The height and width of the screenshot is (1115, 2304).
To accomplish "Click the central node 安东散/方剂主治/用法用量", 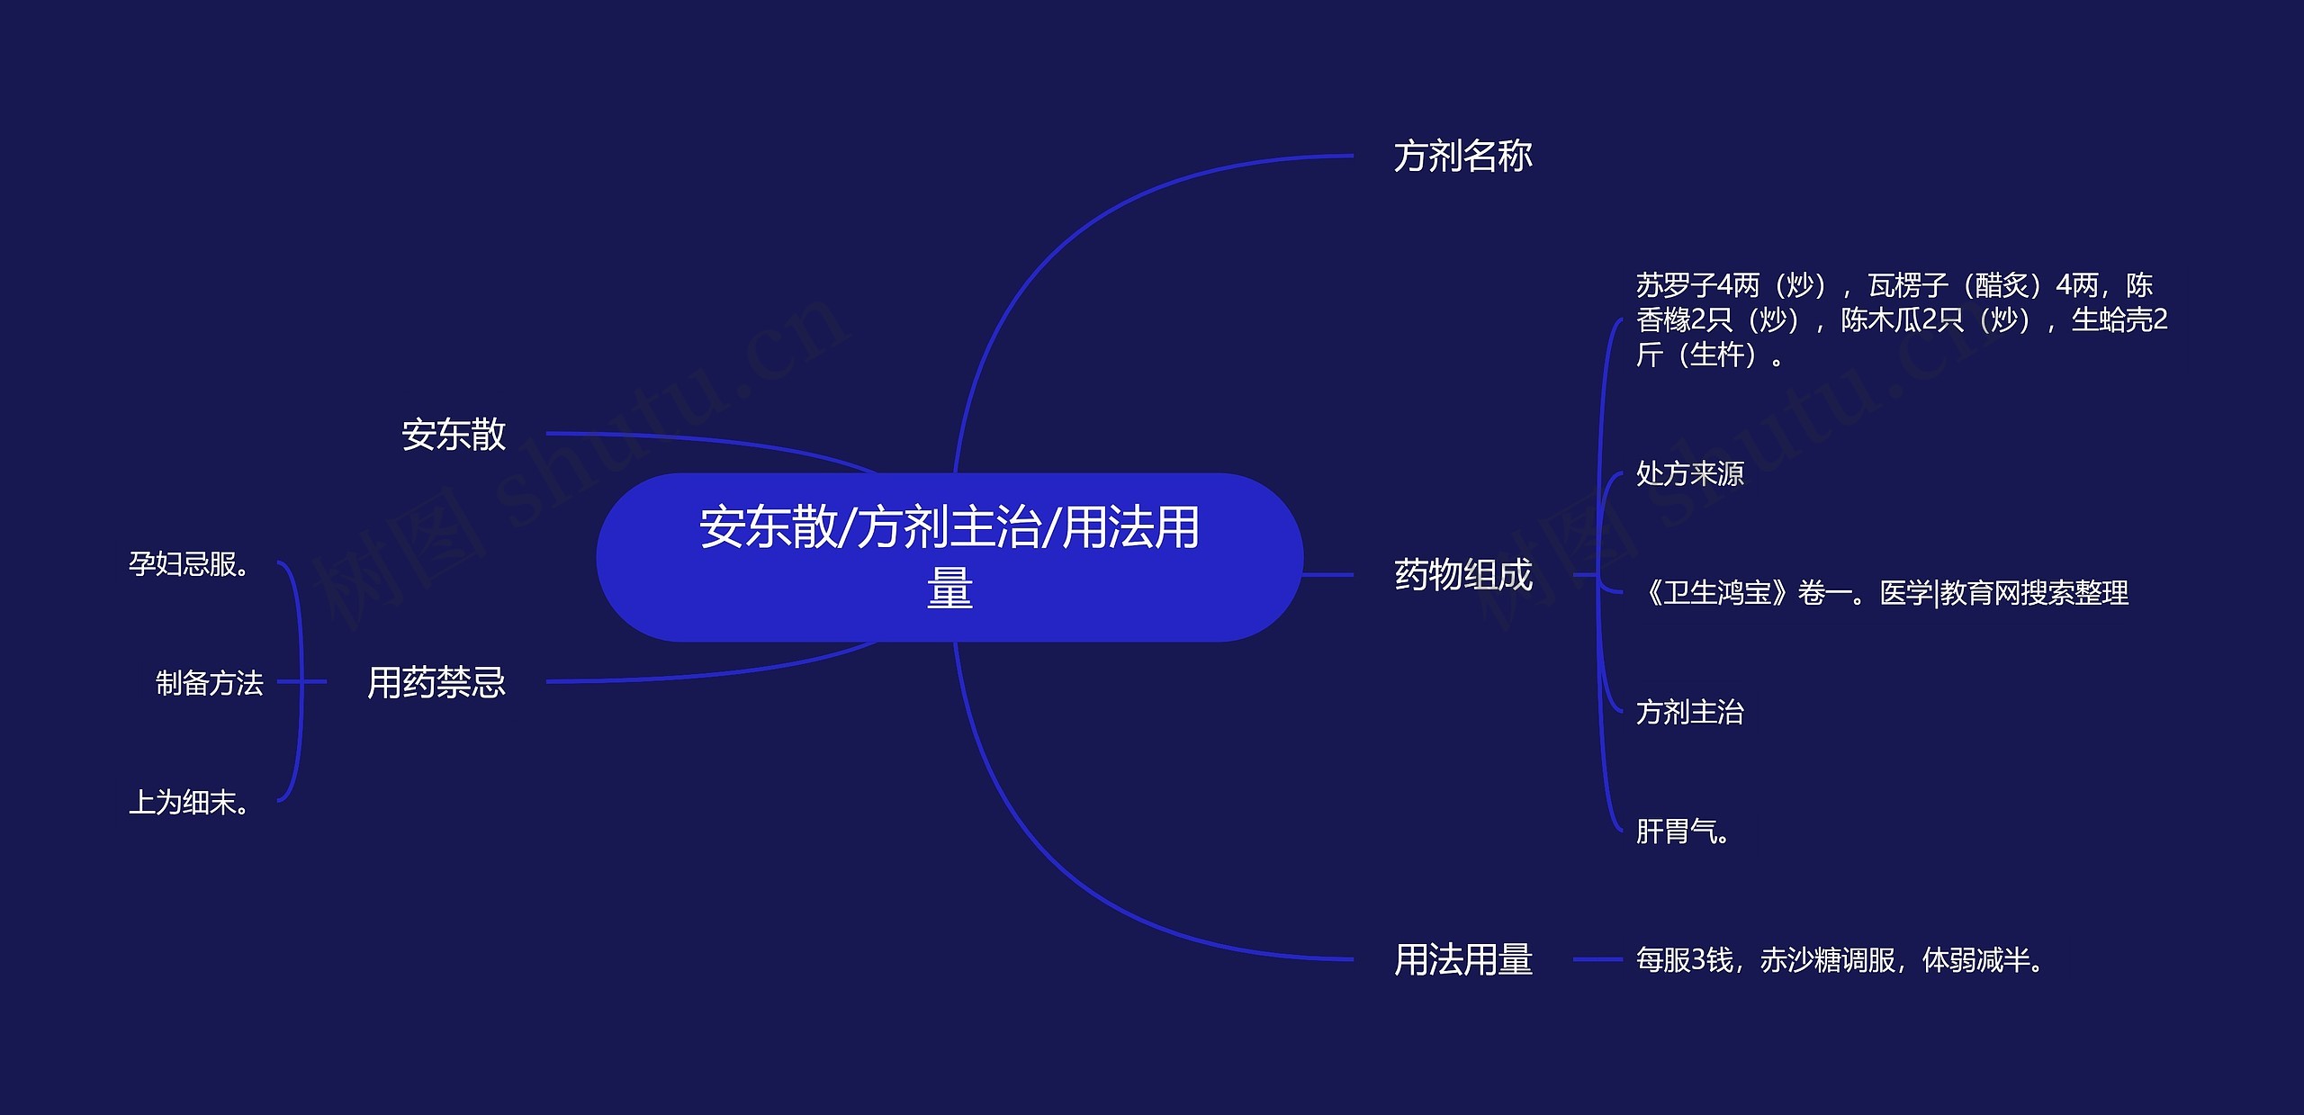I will pos(949,557).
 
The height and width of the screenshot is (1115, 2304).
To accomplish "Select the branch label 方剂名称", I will pos(1462,157).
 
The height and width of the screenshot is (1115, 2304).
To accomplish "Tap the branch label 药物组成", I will pos(1462,575).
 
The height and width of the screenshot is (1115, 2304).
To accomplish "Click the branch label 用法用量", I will pos(1462,959).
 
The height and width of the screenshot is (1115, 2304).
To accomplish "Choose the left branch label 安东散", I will pos(454,435).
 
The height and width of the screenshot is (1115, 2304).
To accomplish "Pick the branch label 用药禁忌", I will pos(436,682).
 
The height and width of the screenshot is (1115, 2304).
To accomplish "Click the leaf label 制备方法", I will pos(209,683).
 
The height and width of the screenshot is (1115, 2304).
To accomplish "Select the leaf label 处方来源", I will pos(1689,473).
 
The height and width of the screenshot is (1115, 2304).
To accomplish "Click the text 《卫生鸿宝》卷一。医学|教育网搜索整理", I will pos(1884,593).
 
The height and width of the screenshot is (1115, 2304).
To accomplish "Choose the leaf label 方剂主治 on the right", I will pos(1689,712).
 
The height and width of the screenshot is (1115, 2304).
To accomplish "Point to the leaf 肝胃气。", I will pos(1682,831).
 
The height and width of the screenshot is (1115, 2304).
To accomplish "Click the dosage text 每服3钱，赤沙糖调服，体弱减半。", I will pos(1839,960).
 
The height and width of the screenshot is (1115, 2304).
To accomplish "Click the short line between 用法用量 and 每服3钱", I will pos(1597,959).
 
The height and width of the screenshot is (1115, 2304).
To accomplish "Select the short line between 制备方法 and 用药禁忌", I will pos(301,682).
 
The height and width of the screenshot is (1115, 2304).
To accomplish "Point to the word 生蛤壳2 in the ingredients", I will pos(2119,320).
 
